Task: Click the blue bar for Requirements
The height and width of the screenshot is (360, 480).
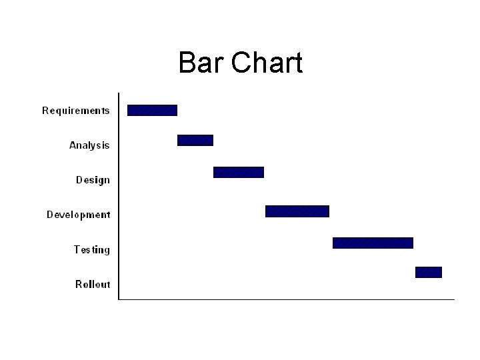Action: coord(152,110)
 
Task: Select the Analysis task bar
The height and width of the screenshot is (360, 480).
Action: coord(195,140)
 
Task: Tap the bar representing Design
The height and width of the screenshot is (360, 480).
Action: coord(238,172)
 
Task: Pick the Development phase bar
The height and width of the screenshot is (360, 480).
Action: coord(297,211)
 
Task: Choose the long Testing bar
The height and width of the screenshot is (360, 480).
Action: coord(373,243)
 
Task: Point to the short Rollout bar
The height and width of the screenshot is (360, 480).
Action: coord(428,272)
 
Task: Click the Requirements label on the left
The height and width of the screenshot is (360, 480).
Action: coord(76,111)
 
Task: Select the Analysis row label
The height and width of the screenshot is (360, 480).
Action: coord(89,145)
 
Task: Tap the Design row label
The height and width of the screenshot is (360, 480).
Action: coord(93,180)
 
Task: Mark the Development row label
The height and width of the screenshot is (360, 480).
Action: coord(78,215)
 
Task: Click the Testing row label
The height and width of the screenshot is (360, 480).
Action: coord(91,249)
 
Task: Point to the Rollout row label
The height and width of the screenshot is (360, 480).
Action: coord(93,284)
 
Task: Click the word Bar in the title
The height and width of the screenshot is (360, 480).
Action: coord(201,63)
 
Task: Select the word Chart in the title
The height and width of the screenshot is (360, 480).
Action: coord(267,63)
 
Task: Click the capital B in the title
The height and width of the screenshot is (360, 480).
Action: coord(187,63)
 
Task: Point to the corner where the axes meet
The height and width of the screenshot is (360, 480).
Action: coord(119,299)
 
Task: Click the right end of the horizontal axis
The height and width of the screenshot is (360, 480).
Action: coord(453,299)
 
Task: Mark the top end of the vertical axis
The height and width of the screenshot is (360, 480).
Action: coord(119,93)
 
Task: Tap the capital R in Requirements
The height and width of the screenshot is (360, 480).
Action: coord(46,111)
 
